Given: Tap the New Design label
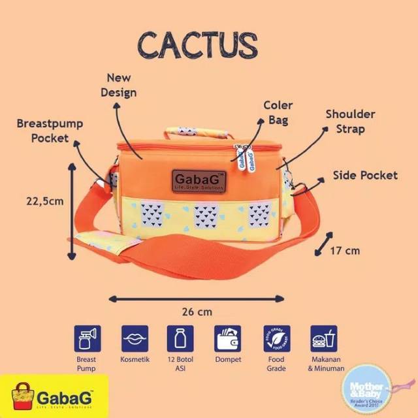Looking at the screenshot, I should coord(118,85).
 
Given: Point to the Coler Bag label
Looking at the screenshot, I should coord(278,112).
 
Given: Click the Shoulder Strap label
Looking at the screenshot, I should coord(350,121).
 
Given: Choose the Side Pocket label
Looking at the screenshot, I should coord(365,175).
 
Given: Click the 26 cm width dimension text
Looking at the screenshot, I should coord(197,312).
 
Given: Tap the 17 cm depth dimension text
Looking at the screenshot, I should coord(345,249).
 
